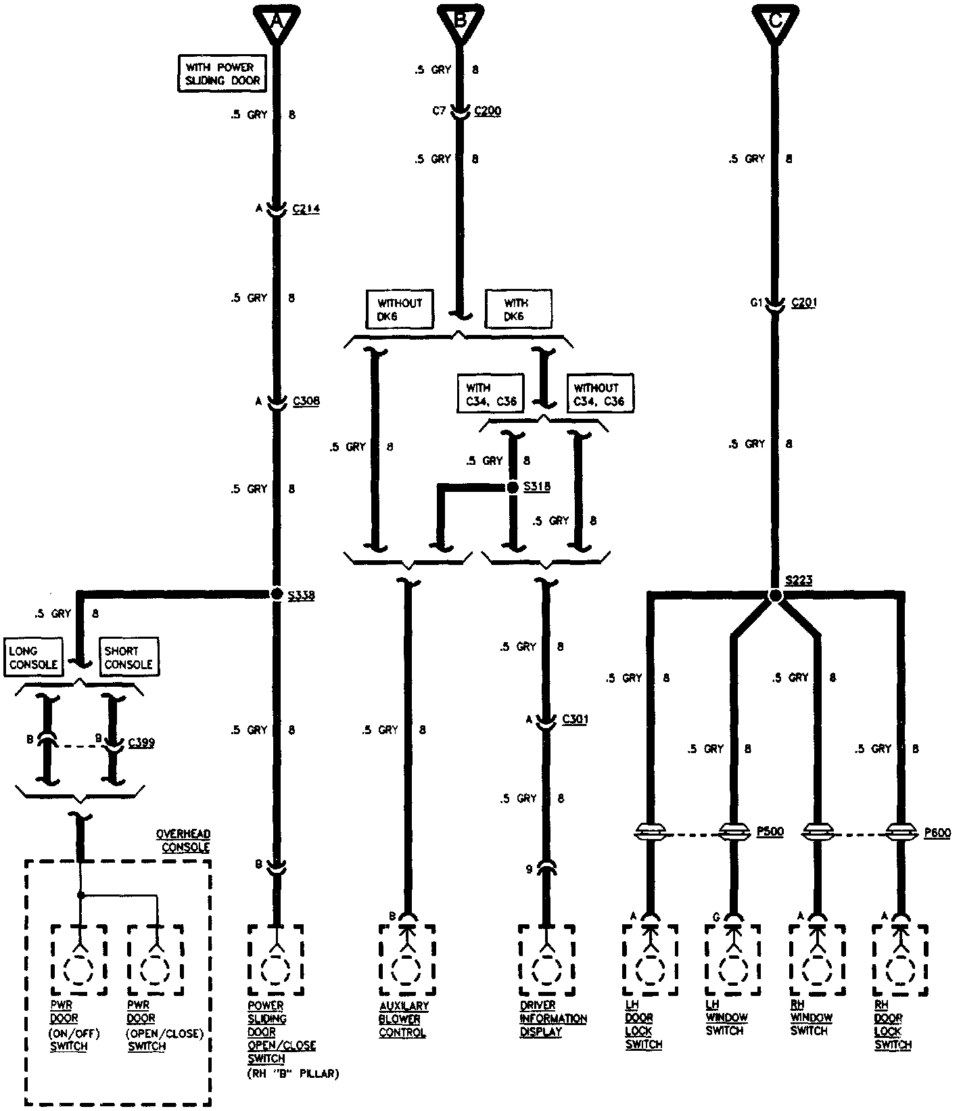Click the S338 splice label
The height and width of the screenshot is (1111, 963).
(x=302, y=596)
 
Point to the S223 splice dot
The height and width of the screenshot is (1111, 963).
(x=775, y=595)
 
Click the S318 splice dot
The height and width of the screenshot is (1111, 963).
(x=513, y=487)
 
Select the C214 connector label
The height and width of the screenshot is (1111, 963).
(x=306, y=210)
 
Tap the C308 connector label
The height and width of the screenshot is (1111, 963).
(x=306, y=401)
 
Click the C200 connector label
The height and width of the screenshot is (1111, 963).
(x=488, y=111)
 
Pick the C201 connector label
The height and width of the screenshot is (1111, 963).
(x=803, y=303)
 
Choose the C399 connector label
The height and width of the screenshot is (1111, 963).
(x=141, y=743)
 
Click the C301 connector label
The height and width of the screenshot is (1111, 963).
(x=575, y=719)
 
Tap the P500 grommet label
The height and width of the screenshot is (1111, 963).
(x=770, y=832)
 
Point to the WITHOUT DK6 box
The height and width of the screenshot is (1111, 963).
(x=400, y=310)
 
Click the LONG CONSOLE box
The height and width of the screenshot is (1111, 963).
(x=33, y=658)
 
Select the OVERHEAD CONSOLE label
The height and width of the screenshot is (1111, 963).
(x=184, y=841)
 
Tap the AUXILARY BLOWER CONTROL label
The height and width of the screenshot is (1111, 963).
(x=404, y=1020)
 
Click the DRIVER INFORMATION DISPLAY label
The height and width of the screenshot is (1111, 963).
(x=553, y=1019)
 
